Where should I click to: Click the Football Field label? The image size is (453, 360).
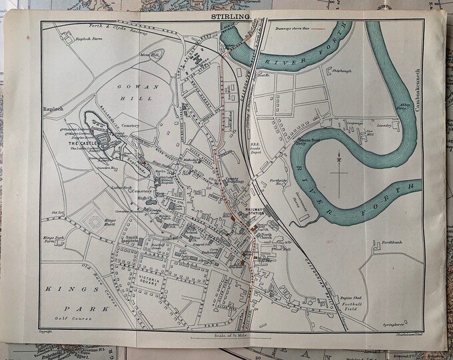351,303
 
